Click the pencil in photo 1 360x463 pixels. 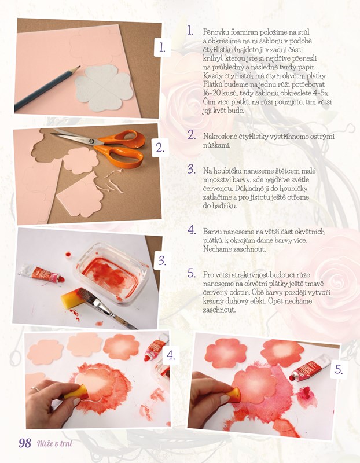point(47,88)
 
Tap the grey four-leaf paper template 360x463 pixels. point(104,88)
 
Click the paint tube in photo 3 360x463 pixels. point(41,273)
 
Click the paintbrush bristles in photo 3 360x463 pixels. point(88,297)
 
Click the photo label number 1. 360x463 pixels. point(162,47)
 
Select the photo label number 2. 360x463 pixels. point(160,148)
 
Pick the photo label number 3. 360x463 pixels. point(162,260)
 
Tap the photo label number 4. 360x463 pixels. point(171,355)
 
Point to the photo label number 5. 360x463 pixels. point(339,369)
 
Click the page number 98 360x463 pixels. point(25,443)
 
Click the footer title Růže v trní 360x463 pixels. point(54,443)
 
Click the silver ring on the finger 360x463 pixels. point(35,388)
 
